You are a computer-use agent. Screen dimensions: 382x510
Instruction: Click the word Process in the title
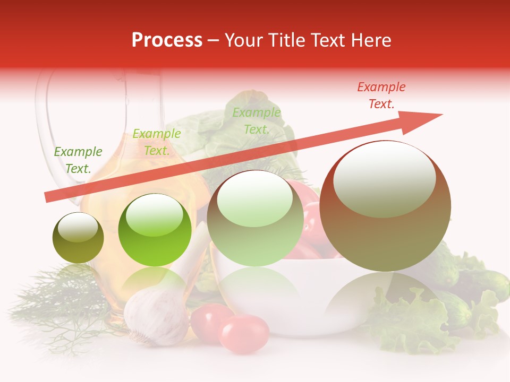167,40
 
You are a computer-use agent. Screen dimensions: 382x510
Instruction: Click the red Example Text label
381,95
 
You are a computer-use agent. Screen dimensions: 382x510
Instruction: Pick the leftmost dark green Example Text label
78,160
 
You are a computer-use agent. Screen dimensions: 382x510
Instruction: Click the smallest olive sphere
78,238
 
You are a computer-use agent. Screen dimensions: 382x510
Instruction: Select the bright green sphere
155,230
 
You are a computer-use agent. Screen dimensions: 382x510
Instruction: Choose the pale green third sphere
256,218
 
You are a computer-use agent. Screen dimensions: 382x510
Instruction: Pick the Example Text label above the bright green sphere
156,142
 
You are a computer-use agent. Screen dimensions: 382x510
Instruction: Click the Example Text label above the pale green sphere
257,121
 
